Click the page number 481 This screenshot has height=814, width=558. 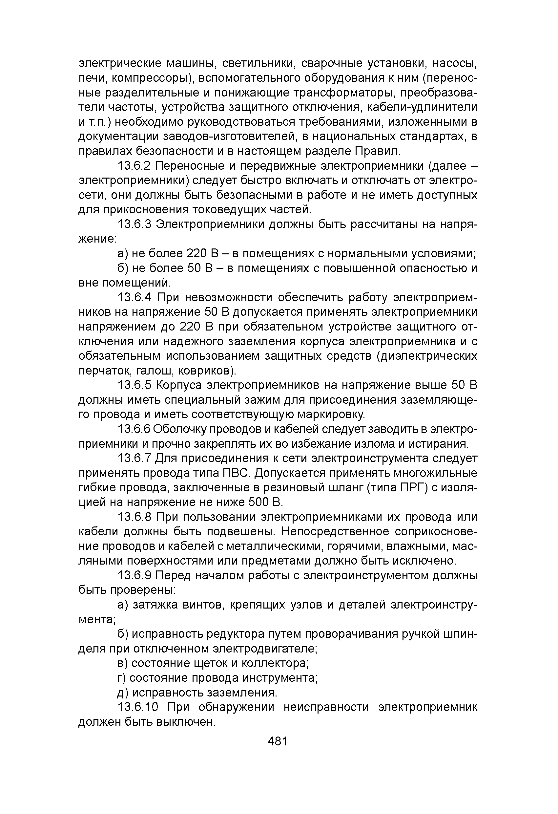pos(277,741)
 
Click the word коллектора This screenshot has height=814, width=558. pos(272,663)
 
